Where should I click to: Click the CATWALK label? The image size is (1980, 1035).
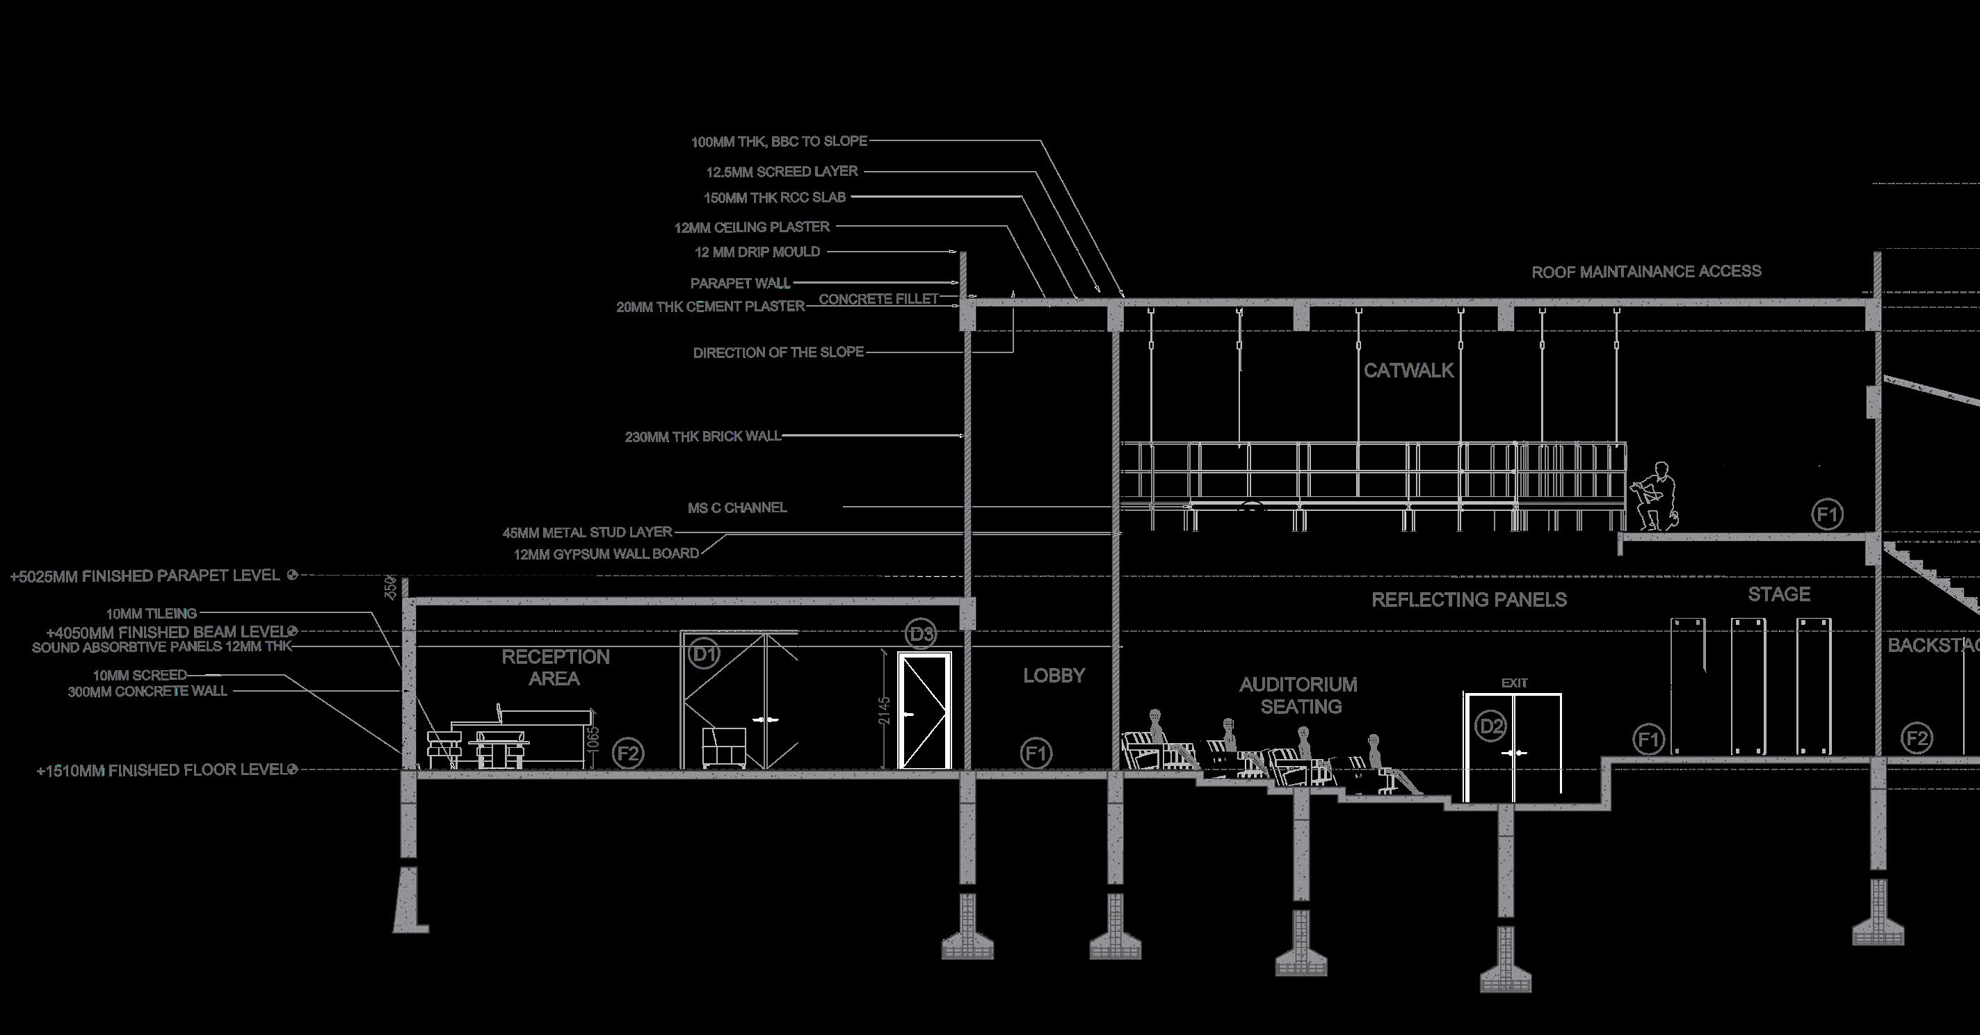point(1408,370)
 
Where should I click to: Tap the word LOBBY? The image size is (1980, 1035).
point(1054,676)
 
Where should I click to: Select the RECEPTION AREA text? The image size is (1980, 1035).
point(556,668)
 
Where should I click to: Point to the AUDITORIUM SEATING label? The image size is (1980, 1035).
point(1298,695)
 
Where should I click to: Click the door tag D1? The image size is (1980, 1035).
point(704,654)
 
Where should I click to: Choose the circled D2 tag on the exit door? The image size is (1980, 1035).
point(1491,726)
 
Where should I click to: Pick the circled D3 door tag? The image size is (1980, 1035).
point(921,634)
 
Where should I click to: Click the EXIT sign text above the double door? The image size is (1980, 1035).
point(1514,683)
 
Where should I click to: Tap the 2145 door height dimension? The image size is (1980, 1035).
point(884,710)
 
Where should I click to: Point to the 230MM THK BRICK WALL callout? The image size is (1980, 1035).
point(702,437)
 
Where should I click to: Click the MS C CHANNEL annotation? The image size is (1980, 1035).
point(737,507)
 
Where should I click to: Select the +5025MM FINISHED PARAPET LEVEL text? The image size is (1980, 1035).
point(145,576)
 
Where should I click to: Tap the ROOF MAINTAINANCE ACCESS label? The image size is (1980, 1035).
point(1646,271)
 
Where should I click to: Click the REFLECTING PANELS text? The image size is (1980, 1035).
point(1469,600)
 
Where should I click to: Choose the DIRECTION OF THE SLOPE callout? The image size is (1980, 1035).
point(779,352)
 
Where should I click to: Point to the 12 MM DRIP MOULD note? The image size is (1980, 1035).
point(757,252)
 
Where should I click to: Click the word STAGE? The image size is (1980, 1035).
point(1778,594)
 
